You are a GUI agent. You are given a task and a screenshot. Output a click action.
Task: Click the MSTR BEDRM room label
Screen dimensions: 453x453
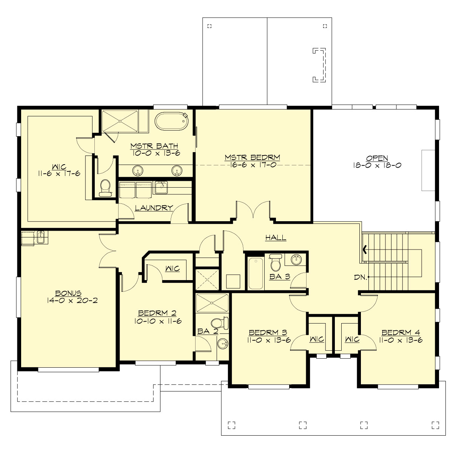(x=252, y=157)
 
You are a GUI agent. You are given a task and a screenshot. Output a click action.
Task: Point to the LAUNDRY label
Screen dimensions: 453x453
(x=154, y=208)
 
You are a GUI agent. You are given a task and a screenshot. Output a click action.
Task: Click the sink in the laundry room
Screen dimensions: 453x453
(x=161, y=187)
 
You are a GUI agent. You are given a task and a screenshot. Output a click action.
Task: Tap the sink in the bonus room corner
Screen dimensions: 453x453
(x=41, y=238)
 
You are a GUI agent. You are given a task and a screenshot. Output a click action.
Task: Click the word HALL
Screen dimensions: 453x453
(x=276, y=238)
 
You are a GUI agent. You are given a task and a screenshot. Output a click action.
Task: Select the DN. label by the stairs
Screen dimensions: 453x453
(x=361, y=277)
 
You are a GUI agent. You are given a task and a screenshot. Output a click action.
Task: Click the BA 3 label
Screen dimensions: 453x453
(x=280, y=277)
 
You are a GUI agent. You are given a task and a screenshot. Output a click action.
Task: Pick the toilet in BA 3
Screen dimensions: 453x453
(x=276, y=262)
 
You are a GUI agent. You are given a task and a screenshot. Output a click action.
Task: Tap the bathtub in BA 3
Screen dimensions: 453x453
(x=256, y=273)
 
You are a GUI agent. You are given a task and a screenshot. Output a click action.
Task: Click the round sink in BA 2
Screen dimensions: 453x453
(x=223, y=344)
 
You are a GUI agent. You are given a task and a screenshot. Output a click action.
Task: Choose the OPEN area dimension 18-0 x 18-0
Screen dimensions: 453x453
(x=377, y=165)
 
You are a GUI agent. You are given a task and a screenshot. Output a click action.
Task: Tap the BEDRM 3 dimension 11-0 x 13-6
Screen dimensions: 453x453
(x=268, y=340)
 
